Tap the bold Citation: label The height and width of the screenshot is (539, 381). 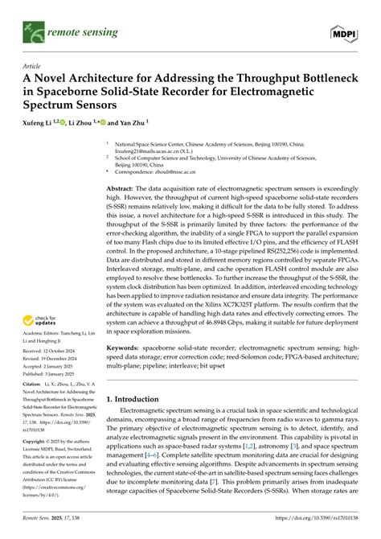33,364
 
